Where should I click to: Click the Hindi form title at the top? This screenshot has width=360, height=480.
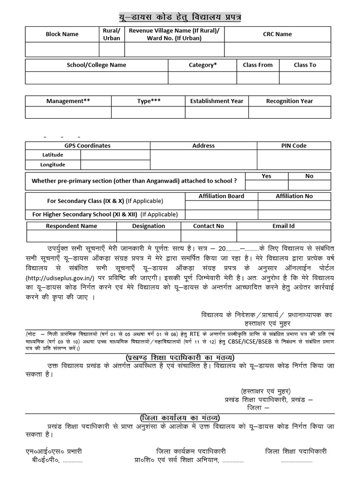(180, 17)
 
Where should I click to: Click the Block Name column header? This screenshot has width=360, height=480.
(62, 34)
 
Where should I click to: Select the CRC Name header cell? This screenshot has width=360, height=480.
(277, 34)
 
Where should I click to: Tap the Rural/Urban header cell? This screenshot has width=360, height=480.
(112, 34)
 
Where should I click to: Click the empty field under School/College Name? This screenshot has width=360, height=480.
(97, 77)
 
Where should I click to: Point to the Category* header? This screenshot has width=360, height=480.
(202, 65)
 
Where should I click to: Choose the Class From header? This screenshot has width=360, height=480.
(257, 65)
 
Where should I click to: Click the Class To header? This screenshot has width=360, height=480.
(305, 65)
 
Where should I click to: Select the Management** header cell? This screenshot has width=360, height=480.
(68, 101)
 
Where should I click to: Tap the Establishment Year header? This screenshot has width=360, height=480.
(217, 101)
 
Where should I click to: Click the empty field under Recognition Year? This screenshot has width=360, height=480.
(289, 112)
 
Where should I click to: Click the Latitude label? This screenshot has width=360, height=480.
(52, 155)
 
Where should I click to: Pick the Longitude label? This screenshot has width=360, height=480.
(53, 165)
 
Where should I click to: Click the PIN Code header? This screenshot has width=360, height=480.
(293, 146)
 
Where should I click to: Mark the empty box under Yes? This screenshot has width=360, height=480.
(266, 184)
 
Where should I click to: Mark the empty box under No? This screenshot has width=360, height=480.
(309, 184)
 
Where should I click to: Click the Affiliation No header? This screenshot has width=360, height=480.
(294, 196)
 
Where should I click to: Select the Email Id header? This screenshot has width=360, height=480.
(284, 226)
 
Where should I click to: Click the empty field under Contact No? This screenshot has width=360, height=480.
(209, 236)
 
